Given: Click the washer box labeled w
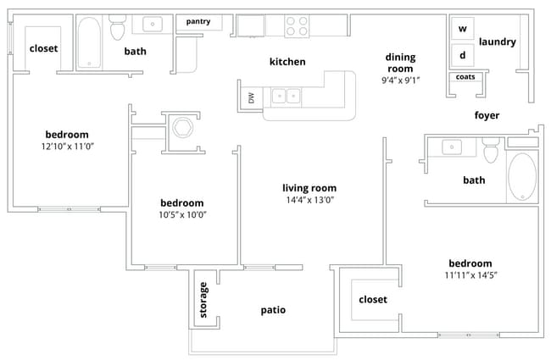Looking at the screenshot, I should pyautogui.click(x=462, y=29).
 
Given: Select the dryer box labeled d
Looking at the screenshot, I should pyautogui.click(x=462, y=55).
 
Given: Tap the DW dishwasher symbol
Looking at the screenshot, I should pyautogui.click(x=251, y=97).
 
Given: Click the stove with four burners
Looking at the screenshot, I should pyautogui.click(x=296, y=25).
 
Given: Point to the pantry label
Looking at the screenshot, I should pyautogui.click(x=203, y=21).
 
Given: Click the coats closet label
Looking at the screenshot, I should pyautogui.click(x=465, y=77).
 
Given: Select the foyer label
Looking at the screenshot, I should pyautogui.click(x=487, y=115).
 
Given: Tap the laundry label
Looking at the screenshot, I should pyautogui.click(x=498, y=42).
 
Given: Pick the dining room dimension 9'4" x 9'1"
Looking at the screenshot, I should pyautogui.click(x=401, y=80).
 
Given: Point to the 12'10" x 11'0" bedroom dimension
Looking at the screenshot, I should pyautogui.click(x=67, y=147).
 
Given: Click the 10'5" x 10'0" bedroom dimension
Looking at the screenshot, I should pyautogui.click(x=182, y=214).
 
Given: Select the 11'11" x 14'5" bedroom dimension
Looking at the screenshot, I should pyautogui.click(x=470, y=275).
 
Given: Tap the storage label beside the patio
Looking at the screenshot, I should pyautogui.click(x=203, y=300).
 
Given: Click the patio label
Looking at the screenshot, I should pyautogui.click(x=273, y=310).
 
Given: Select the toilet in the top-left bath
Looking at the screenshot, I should pyautogui.click(x=118, y=30).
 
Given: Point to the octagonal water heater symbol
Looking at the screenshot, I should pyautogui.click(x=182, y=128).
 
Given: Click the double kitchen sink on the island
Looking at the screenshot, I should pyautogui.click(x=285, y=96).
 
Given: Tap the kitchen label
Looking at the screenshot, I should pyautogui.click(x=287, y=62).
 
